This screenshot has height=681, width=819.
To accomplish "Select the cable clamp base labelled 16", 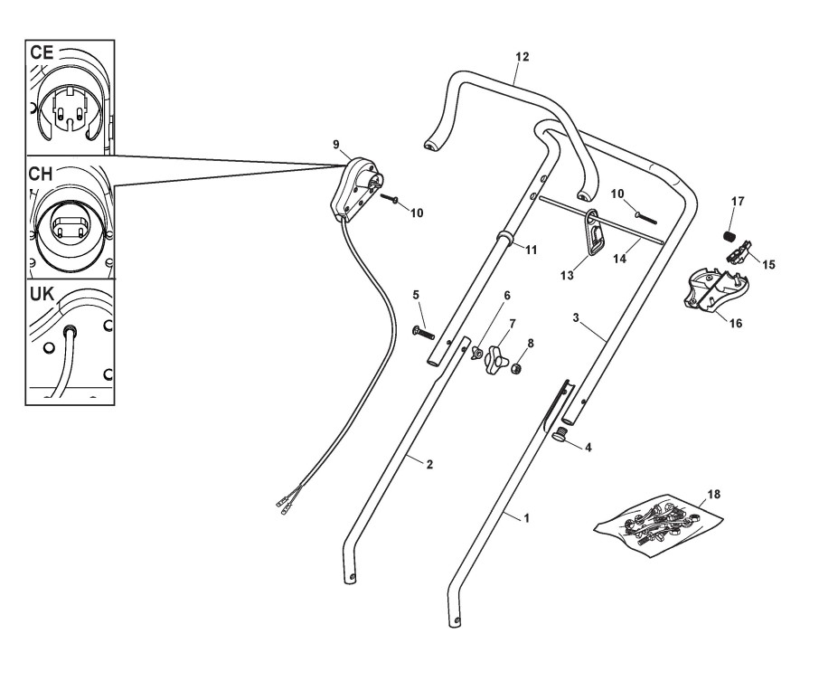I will coord(714,292).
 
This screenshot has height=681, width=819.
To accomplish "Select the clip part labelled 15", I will coord(740,256).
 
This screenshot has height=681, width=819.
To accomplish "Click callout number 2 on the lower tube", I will coord(429,465).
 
